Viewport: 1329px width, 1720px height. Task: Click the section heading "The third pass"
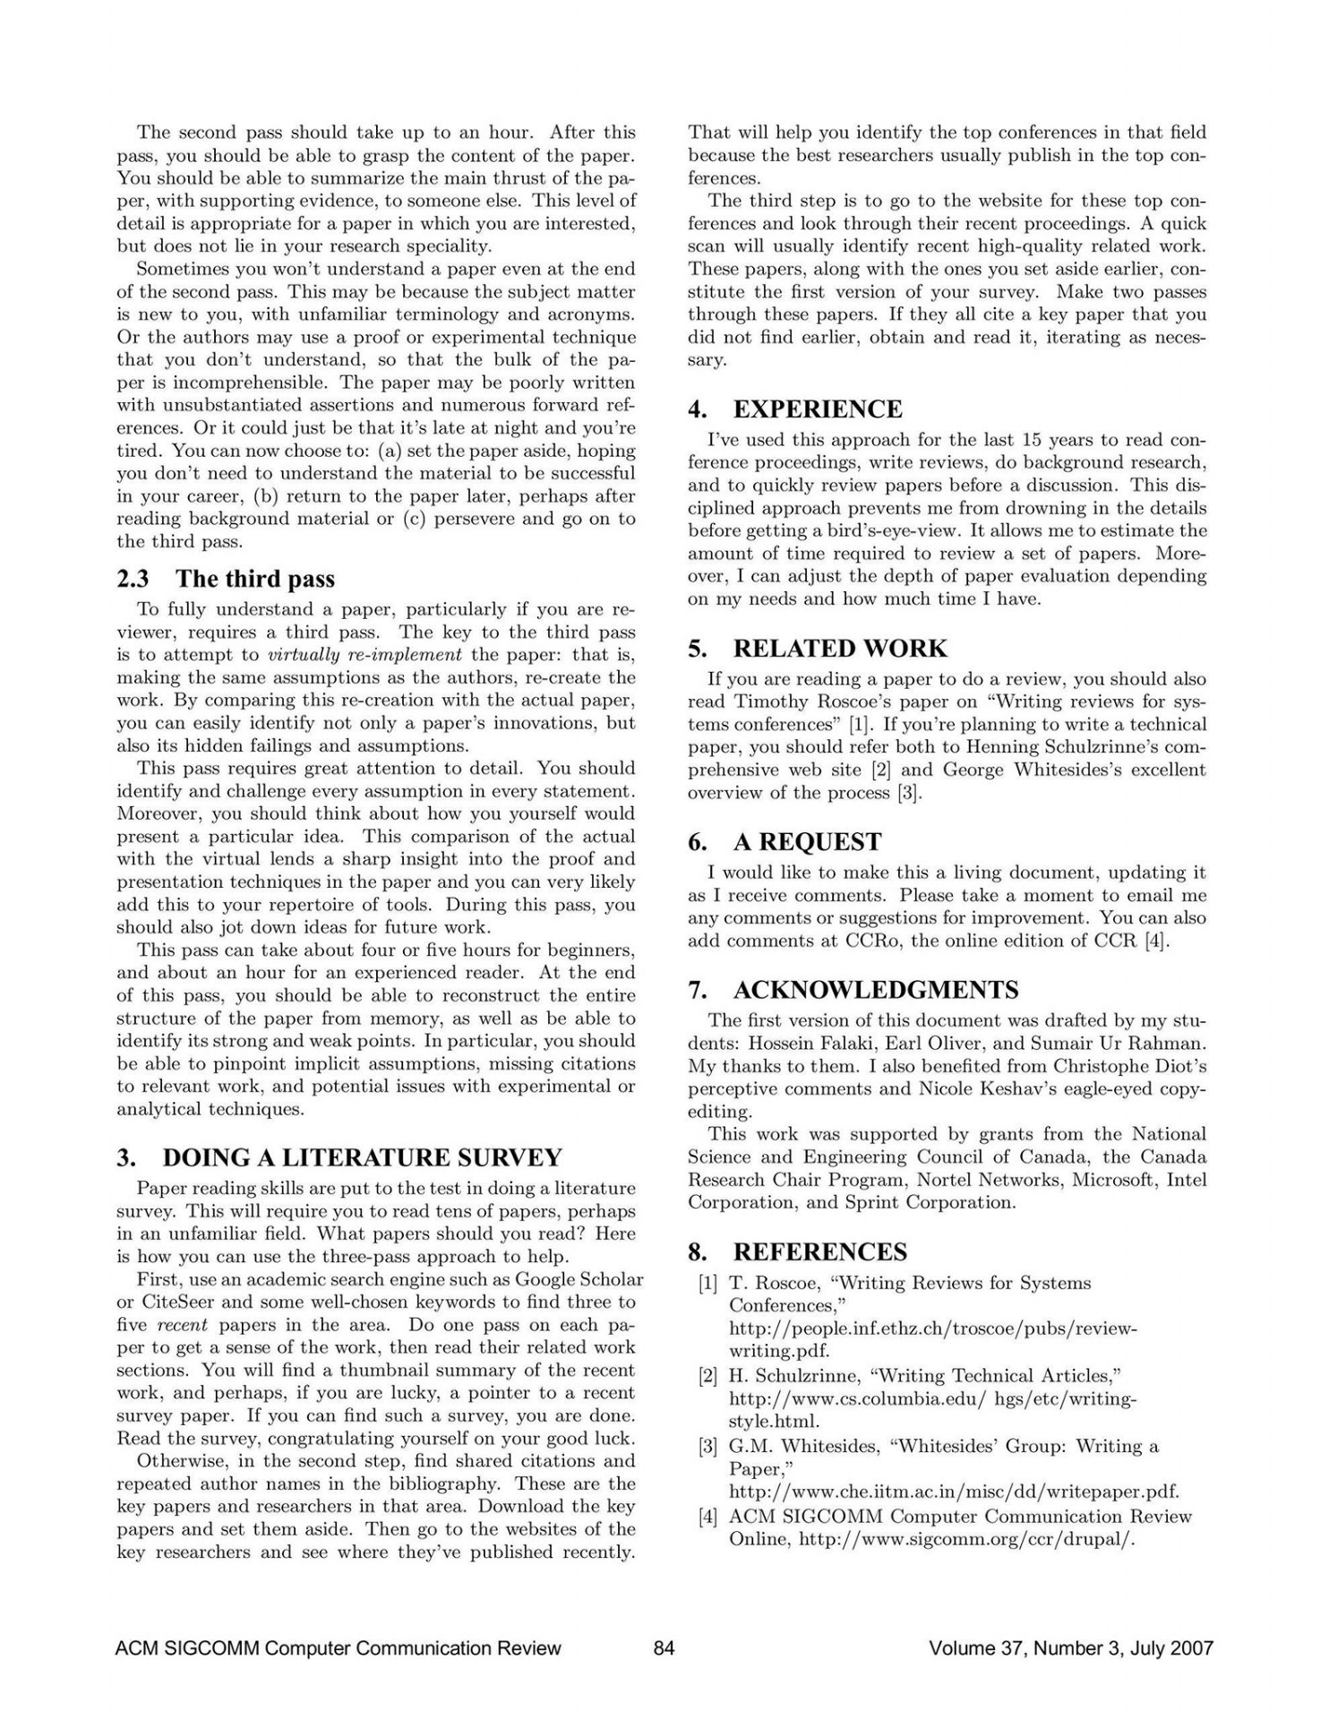254,579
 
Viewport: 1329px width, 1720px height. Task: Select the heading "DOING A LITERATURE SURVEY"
362,1157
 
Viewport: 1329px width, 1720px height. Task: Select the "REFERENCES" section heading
819,1251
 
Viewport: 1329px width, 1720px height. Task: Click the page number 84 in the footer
664,1647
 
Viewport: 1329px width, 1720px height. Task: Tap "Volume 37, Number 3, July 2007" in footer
1071,1647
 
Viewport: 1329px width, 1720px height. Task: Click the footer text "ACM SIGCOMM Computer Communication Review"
339,1647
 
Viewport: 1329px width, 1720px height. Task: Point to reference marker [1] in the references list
707,1283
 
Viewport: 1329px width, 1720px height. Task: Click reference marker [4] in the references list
707,1517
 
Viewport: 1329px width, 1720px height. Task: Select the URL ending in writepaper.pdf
954,1492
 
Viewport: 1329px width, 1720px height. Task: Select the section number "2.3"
133,579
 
